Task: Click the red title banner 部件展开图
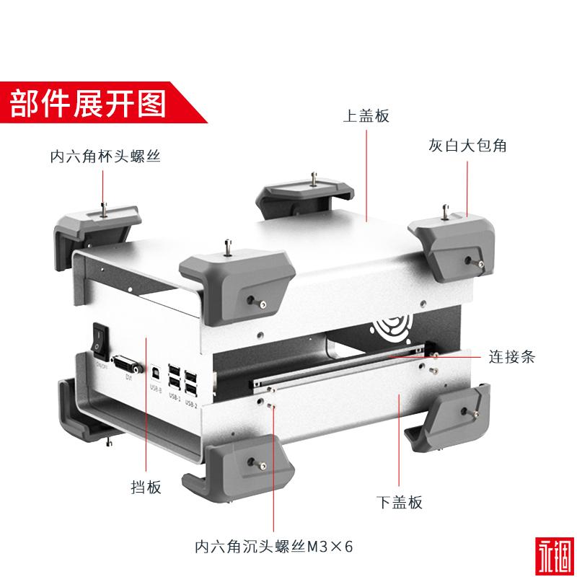[x=87, y=104]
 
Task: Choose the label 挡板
[x=146, y=488]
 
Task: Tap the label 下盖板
[x=400, y=502]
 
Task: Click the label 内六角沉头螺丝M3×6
[x=274, y=545]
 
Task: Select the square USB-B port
[x=155, y=373]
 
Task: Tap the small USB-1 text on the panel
[x=175, y=396]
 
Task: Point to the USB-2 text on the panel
[x=191, y=401]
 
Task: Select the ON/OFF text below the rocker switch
[x=101, y=366]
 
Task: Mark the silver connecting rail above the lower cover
[x=339, y=371]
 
